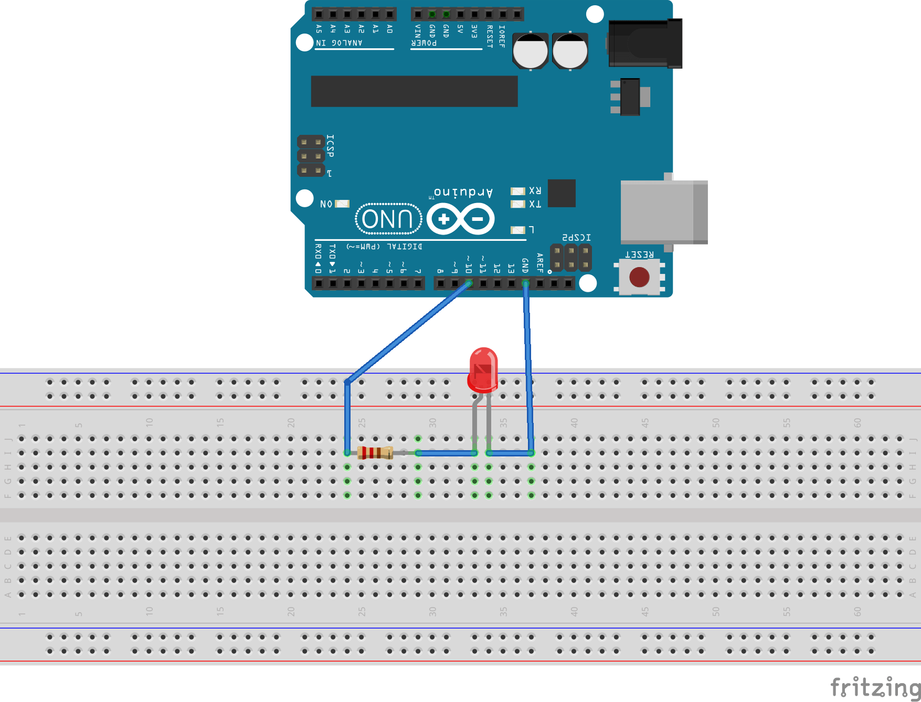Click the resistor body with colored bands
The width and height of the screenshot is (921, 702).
coord(375,452)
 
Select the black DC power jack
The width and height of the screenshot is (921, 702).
coord(645,44)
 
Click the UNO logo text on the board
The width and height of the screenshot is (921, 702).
coord(388,219)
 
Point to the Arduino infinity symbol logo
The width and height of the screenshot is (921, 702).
coord(461,219)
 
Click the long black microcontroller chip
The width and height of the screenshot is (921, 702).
coord(414,91)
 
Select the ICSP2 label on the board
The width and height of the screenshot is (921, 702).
coord(576,238)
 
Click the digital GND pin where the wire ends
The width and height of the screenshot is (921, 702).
coord(525,284)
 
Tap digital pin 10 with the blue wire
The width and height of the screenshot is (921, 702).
coord(469,284)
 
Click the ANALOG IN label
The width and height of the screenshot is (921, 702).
coord(339,43)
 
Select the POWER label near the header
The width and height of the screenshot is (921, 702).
coord(424,43)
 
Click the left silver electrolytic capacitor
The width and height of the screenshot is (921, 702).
coord(530,51)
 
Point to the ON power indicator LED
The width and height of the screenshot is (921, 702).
coord(342,204)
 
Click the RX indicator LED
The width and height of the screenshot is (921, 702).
coord(517,191)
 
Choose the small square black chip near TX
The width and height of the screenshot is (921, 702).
coord(562,193)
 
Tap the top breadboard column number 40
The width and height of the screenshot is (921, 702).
coord(574,422)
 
